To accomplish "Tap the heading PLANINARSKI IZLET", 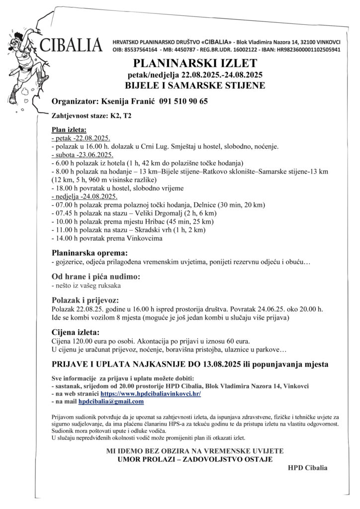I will coord(194,63).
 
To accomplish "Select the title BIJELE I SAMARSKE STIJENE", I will coord(194,85).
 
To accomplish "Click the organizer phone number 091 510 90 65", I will coord(183,101).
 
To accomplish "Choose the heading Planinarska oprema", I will coord(90,253).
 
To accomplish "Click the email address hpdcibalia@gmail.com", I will coord(111,401).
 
